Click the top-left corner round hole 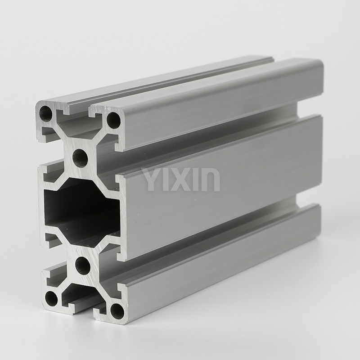[46, 113]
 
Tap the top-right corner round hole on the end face [114, 120]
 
